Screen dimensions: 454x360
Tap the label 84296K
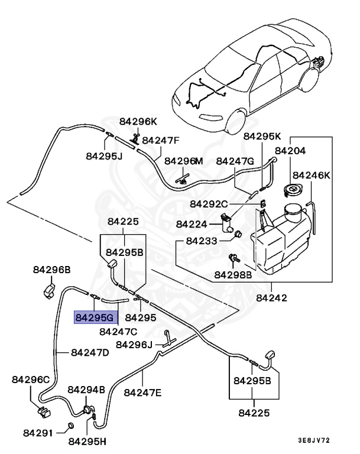138,121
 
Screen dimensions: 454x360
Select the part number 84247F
160,141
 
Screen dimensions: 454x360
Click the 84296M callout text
183,161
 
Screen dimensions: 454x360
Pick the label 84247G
235,161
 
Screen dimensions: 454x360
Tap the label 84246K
312,176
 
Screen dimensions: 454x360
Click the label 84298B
233,275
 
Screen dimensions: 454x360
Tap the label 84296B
51,270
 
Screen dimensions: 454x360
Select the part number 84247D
90,353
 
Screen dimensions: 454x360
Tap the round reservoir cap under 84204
291,191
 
